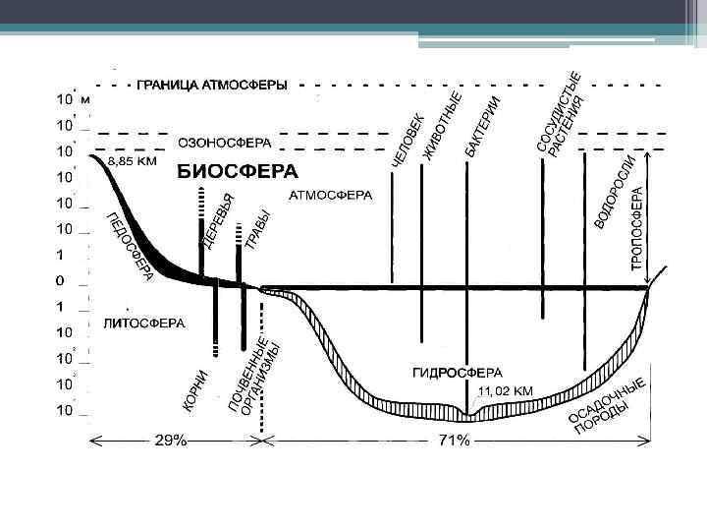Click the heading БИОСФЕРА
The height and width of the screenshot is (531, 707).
click(237, 171)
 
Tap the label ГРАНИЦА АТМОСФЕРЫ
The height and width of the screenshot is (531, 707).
click(212, 86)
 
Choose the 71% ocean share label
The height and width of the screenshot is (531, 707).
click(453, 441)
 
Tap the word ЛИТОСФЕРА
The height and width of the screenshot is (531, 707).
click(143, 322)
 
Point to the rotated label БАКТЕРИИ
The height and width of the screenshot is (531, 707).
click(483, 126)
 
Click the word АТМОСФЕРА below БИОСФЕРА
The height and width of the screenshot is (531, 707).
click(331, 196)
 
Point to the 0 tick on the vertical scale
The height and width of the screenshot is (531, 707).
click(60, 281)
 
